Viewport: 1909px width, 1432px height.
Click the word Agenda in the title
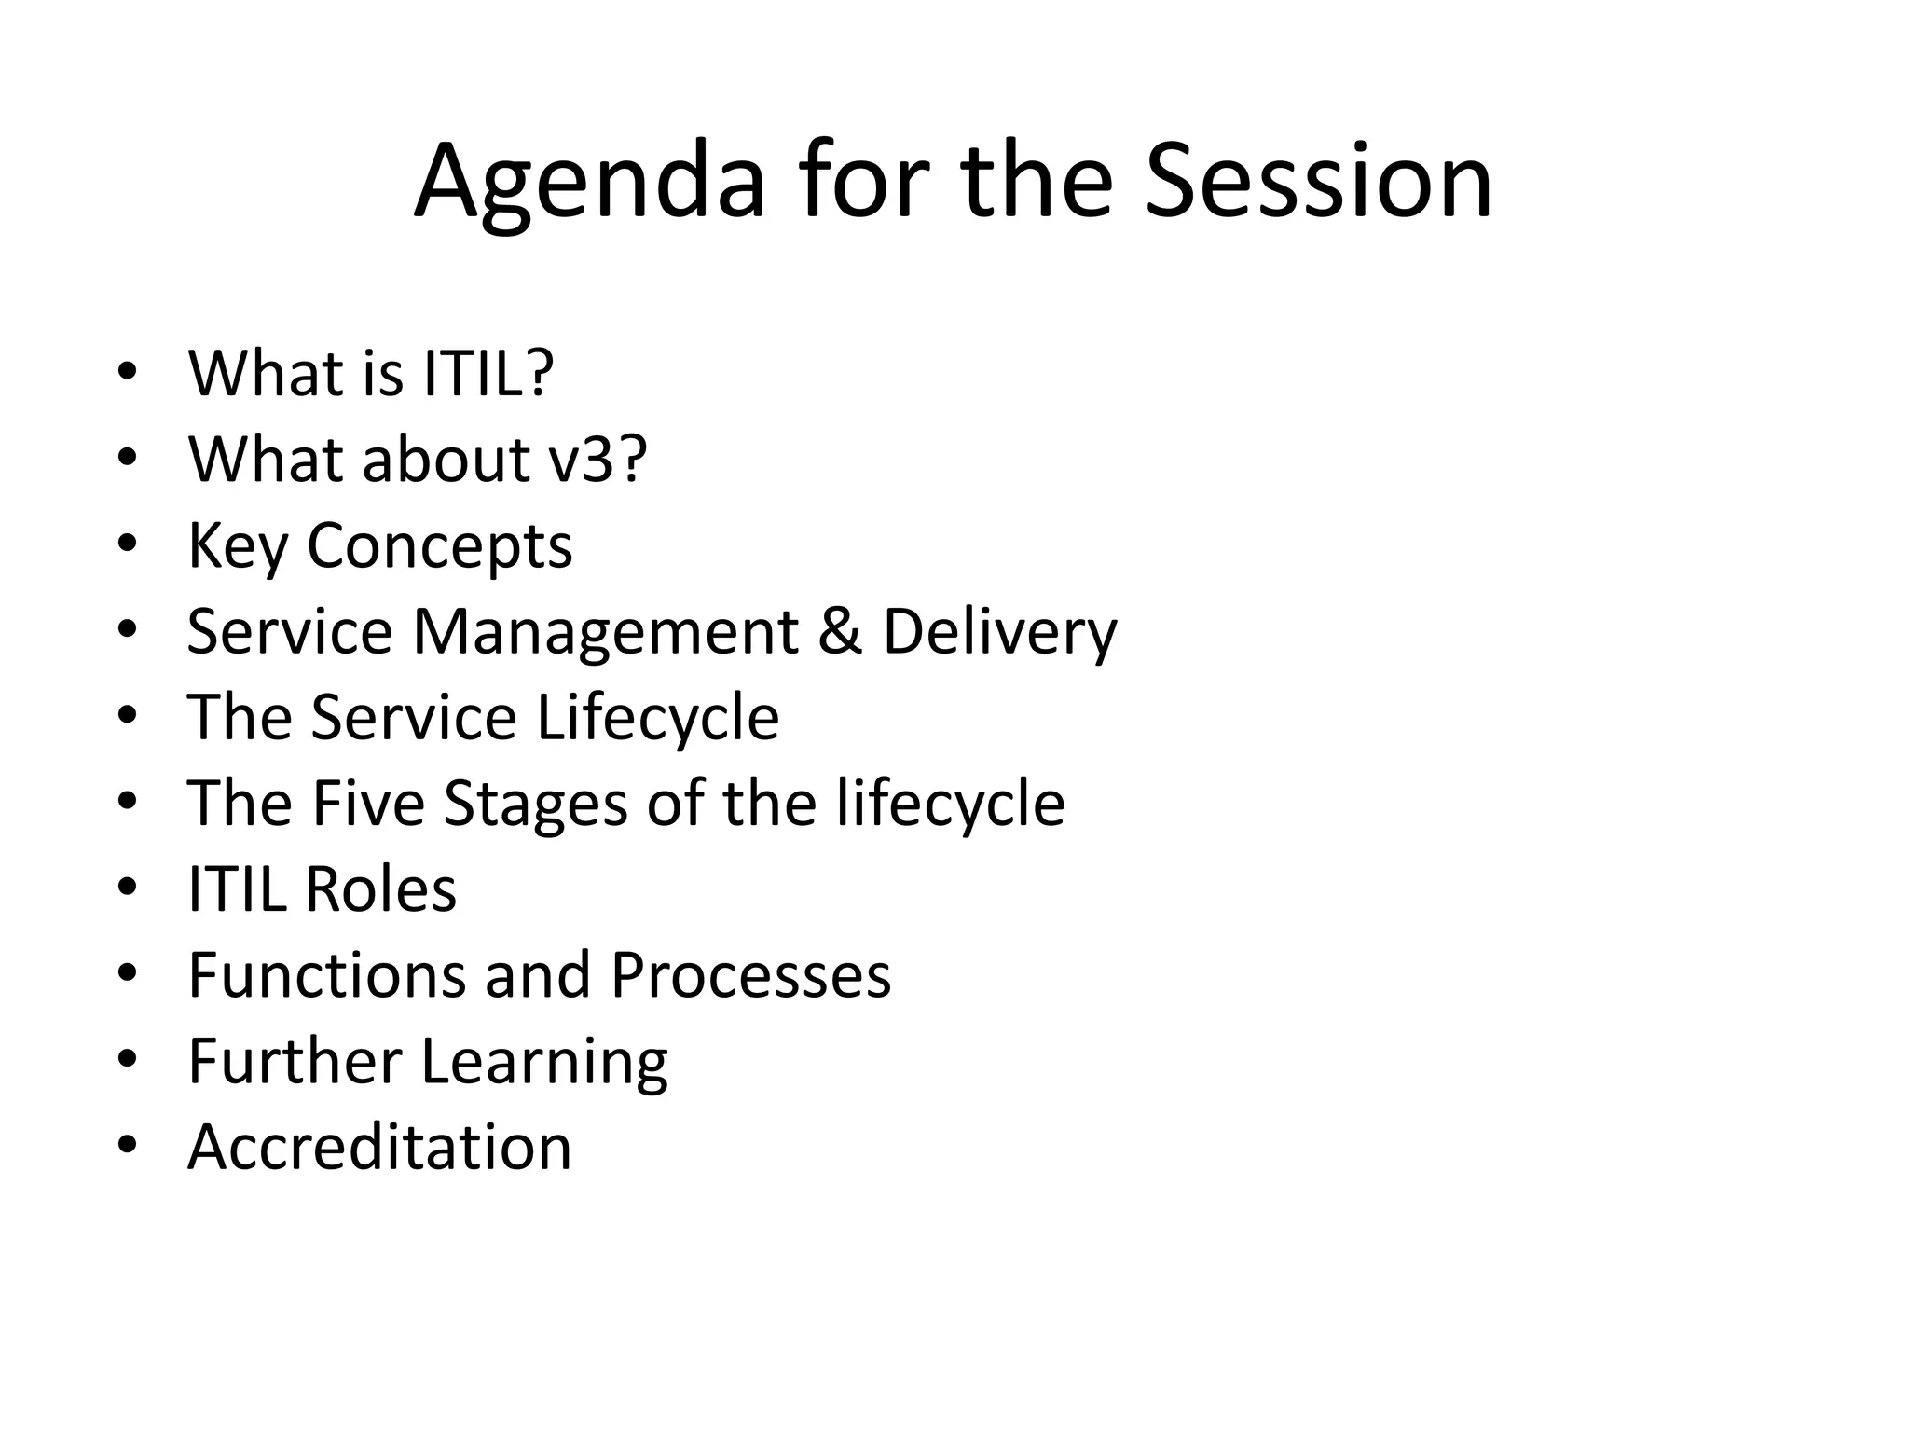click(x=589, y=182)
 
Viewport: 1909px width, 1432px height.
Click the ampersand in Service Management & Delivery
click(x=840, y=631)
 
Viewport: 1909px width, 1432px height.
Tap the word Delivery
click(x=999, y=631)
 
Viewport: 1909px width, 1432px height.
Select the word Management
click(x=606, y=631)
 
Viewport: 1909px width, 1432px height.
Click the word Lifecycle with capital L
click(x=657, y=717)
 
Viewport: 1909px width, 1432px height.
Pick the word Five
click(x=367, y=803)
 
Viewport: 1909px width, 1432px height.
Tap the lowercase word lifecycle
click(x=950, y=803)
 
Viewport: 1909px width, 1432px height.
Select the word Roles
click(x=380, y=888)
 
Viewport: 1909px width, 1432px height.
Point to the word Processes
click(x=750, y=975)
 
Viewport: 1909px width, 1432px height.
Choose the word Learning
click(x=544, y=1061)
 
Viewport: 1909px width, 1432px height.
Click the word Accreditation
click(x=379, y=1147)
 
